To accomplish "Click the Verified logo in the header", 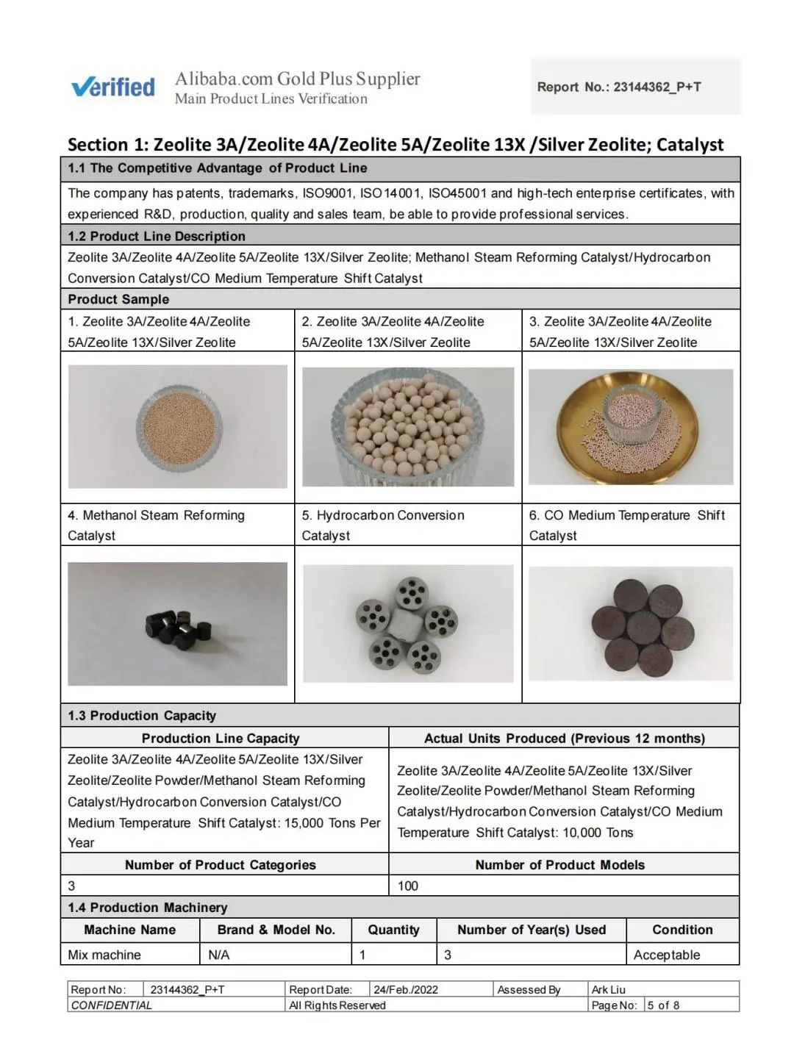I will point(113,87).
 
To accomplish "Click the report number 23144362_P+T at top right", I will point(657,87).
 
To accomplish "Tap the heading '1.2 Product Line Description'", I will point(157,236).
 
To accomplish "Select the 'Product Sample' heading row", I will point(118,299).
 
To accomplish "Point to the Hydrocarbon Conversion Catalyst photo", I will point(408,623).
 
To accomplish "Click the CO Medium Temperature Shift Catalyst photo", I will point(631,623).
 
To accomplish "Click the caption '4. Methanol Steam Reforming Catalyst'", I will point(156,525).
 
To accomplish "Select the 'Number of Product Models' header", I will point(559,865).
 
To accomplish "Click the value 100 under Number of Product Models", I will point(408,886).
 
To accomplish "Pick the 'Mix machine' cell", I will point(104,955).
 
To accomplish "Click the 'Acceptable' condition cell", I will point(667,955).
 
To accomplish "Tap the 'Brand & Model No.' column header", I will point(276,930).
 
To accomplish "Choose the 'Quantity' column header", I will point(393,930).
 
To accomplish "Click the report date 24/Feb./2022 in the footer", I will point(406,989).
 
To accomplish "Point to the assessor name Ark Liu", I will point(609,989).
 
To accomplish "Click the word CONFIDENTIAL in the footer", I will point(112,1005).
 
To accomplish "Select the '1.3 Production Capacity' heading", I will point(142,715).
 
